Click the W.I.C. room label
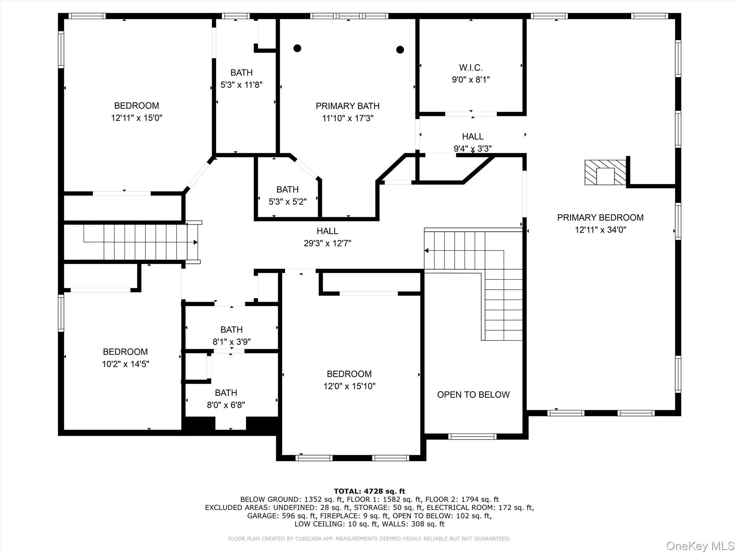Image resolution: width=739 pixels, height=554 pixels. click(471, 67)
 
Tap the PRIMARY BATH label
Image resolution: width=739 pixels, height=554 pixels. click(347, 106)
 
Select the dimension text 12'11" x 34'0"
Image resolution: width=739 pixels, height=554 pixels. click(600, 230)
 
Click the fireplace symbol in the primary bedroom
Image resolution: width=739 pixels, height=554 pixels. click(605, 172)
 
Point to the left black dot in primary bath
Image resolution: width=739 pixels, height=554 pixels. click(297, 48)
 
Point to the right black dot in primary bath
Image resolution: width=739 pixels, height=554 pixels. click(400, 49)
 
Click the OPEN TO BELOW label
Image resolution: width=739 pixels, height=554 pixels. click(473, 395)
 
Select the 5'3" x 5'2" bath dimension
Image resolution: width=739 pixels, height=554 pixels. click(287, 202)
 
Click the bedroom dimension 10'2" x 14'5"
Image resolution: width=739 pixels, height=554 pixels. click(125, 364)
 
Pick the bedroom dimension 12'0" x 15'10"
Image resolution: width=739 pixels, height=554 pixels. click(349, 386)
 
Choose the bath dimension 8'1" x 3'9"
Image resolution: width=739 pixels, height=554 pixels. click(231, 342)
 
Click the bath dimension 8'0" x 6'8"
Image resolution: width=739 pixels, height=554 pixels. click(226, 405)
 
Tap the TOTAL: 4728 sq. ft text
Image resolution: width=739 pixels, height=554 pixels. click(369, 491)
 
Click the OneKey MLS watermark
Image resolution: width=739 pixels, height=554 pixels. click(700, 546)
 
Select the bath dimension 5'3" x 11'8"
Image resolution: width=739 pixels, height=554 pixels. click(241, 85)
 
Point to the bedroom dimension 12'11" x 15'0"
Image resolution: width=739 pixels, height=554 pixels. click(136, 118)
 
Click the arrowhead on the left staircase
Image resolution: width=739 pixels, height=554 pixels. click(196, 242)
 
